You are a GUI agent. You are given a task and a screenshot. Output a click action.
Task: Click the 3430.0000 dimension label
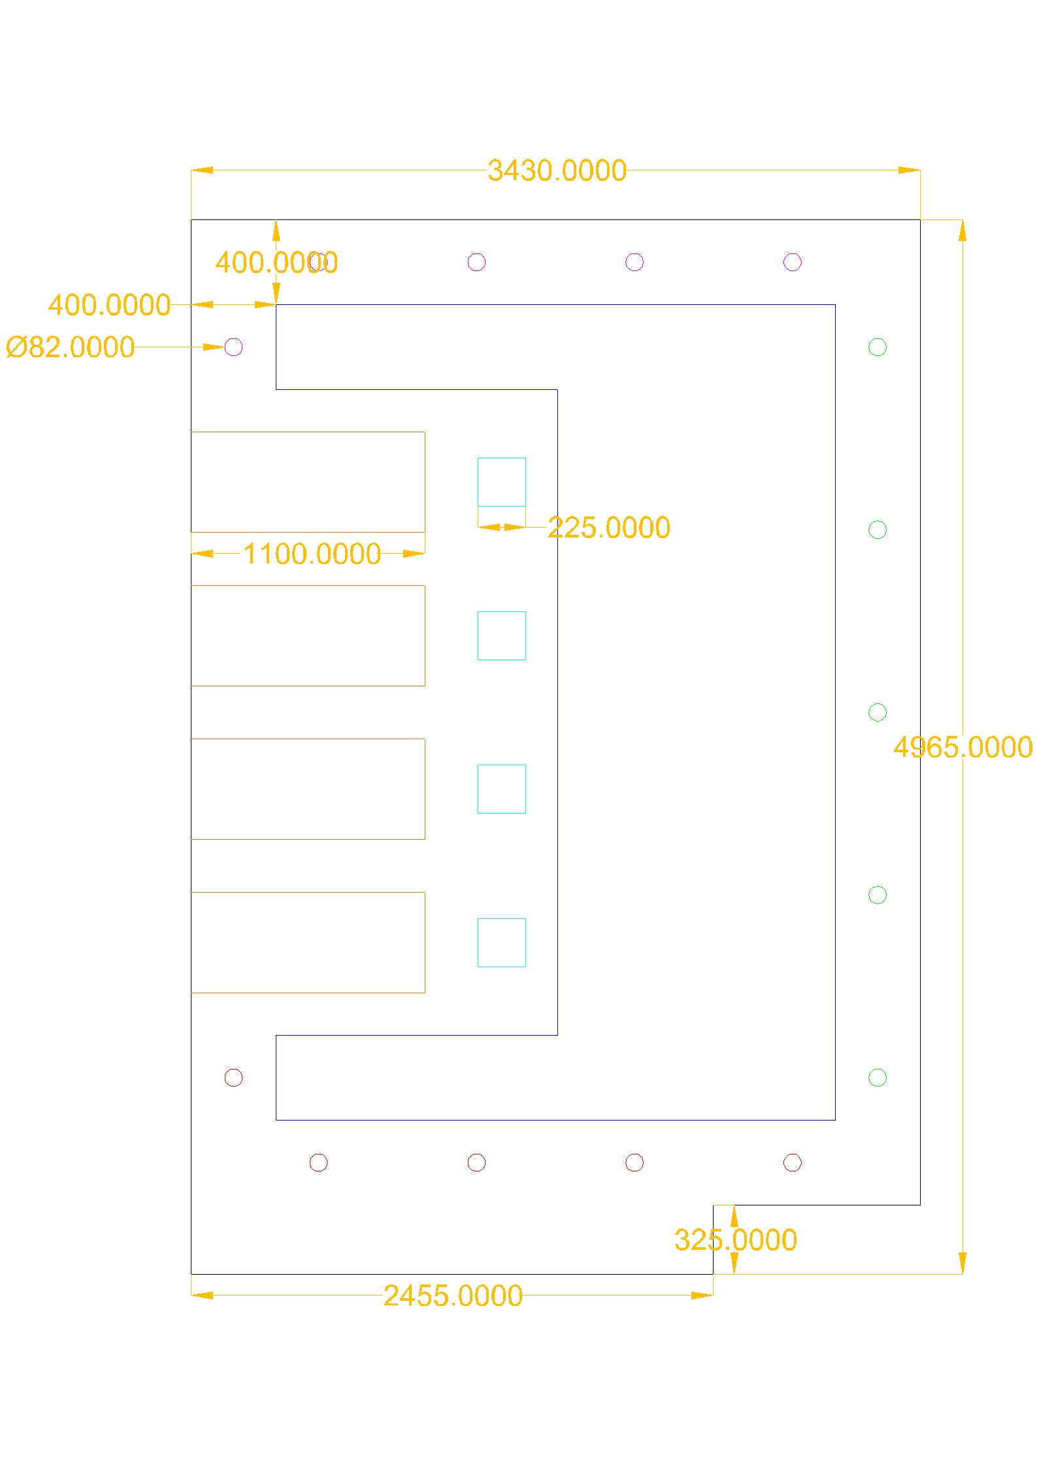pyautogui.click(x=557, y=171)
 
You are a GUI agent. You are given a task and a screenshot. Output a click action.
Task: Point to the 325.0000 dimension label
pyautogui.click(x=735, y=1240)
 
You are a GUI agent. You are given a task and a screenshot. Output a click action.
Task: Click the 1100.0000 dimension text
pyautogui.click(x=312, y=554)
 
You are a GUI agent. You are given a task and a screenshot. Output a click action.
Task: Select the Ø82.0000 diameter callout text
pyautogui.click(x=71, y=347)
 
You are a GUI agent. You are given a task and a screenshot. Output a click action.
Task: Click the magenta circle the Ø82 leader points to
pyautogui.click(x=233, y=347)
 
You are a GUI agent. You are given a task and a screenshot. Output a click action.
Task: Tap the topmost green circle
pyautogui.click(x=878, y=347)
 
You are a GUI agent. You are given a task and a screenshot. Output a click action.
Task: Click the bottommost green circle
pyautogui.click(x=878, y=1077)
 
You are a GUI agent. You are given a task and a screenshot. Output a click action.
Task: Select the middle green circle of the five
pyautogui.click(x=878, y=712)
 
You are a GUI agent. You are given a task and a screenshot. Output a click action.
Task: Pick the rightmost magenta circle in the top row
pyautogui.click(x=792, y=263)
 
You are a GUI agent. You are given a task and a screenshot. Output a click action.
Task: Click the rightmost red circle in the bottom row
pyautogui.click(x=792, y=1163)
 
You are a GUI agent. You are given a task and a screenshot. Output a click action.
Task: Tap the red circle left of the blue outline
pyautogui.click(x=233, y=1077)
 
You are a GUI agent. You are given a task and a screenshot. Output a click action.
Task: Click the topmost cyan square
pyautogui.click(x=501, y=482)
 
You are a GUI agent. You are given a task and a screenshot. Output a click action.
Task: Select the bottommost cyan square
pyautogui.click(x=501, y=943)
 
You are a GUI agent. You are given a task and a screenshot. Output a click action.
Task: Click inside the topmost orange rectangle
pyautogui.click(x=308, y=482)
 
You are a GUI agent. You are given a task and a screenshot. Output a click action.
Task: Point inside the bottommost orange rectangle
pyautogui.click(x=308, y=943)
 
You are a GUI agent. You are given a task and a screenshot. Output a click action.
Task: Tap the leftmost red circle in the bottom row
pyautogui.click(x=318, y=1163)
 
